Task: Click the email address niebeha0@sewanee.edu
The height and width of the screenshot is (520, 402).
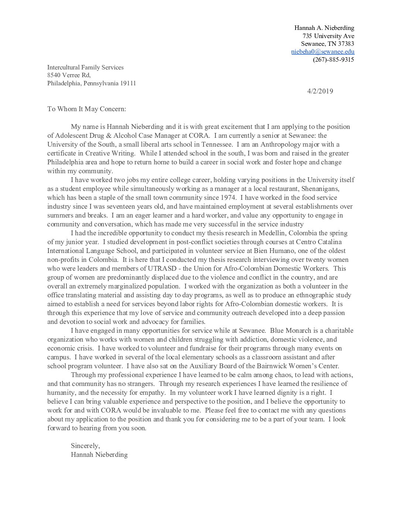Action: pyautogui.click(x=323, y=52)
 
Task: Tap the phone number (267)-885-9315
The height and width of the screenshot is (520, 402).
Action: pyautogui.click(x=333, y=59)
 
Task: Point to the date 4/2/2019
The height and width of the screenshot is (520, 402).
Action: pyautogui.click(x=320, y=91)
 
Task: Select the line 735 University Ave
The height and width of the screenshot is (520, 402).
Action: pyautogui.click(x=328, y=36)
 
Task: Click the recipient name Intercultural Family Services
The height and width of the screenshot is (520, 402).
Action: pyautogui.click(x=85, y=67)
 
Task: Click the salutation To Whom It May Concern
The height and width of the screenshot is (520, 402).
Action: pyautogui.click(x=86, y=109)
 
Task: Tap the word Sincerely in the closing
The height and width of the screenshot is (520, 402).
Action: pyautogui.click(x=85, y=445)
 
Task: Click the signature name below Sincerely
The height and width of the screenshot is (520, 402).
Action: pyautogui.click(x=99, y=455)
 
